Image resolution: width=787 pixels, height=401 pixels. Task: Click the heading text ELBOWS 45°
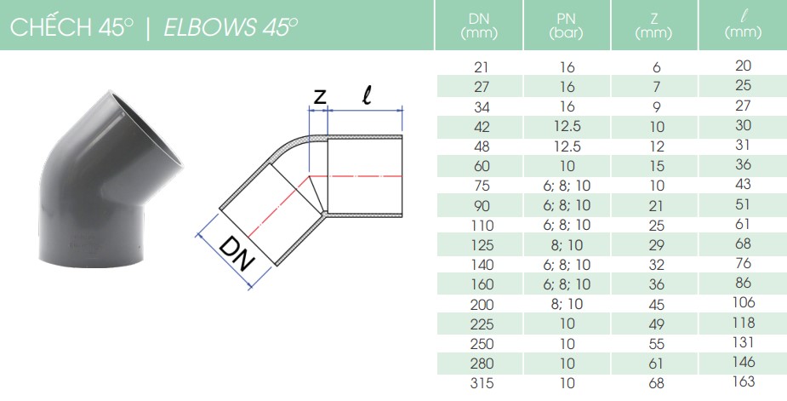pos(230,27)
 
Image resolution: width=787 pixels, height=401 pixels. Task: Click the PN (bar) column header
pos(566,26)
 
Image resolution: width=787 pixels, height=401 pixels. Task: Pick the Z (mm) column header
pos(653,26)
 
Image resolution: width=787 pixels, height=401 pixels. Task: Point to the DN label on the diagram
pos(236,254)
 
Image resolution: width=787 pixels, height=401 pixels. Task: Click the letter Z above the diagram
pos(319,98)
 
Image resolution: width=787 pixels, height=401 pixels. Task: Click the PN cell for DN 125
pos(566,244)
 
